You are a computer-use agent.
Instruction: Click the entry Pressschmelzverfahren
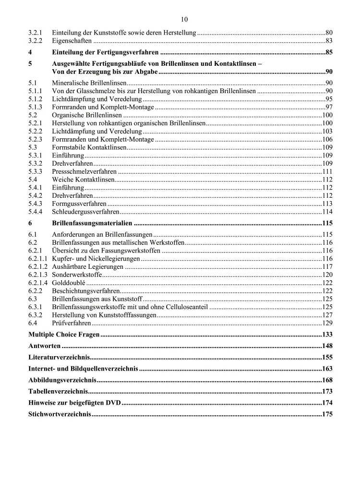click(x=84, y=171)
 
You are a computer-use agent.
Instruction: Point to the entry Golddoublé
click(x=69, y=283)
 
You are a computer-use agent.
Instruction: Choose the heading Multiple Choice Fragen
click(x=64, y=334)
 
